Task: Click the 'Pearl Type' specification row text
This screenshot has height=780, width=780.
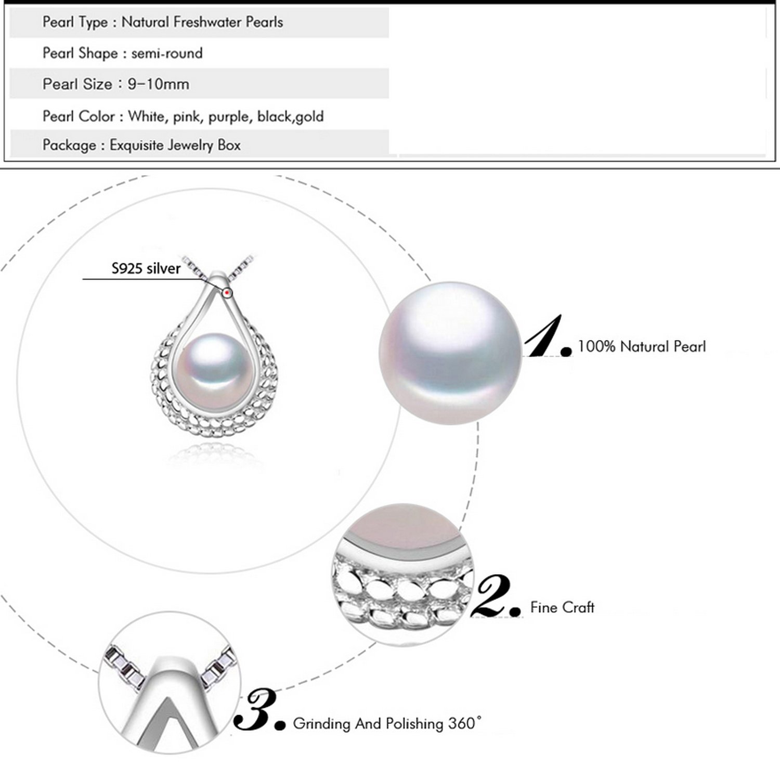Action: pos(163,22)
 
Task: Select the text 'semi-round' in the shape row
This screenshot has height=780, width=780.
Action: pos(167,53)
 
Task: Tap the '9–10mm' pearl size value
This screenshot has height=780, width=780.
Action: pos(159,84)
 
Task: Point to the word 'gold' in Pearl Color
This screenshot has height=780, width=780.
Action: pos(310,116)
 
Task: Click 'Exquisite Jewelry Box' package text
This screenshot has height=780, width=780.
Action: pos(175,145)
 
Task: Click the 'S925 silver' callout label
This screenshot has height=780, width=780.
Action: pos(146,268)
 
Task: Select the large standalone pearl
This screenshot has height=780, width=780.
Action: pos(450,354)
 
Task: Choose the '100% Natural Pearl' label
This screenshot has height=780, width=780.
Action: pos(642,346)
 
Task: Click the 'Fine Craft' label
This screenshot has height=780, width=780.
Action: pos(562,607)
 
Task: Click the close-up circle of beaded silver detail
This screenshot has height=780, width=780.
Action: pos(403,575)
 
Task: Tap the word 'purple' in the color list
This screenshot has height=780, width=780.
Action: pos(230,116)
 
